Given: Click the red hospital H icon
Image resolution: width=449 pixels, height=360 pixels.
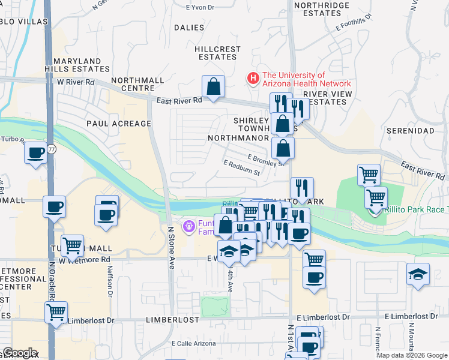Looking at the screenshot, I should pos(253,79).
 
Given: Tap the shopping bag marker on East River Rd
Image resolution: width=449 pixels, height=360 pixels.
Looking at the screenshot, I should pos(213,87).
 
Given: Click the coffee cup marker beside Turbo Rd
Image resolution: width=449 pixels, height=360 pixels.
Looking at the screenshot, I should pos(36,152).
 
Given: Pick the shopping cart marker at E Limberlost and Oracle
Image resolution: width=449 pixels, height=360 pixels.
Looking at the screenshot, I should pos(56,312).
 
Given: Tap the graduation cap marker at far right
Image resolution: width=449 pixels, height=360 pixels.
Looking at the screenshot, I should pos(418,274).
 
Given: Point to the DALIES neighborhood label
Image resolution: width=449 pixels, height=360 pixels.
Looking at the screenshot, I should pos(189,28).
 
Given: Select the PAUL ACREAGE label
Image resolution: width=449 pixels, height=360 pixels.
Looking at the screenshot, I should pos(119,124).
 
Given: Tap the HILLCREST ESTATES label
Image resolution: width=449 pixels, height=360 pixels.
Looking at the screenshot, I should pos(217,53).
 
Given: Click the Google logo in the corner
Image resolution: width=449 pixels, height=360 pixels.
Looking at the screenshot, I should pos(19,353).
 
